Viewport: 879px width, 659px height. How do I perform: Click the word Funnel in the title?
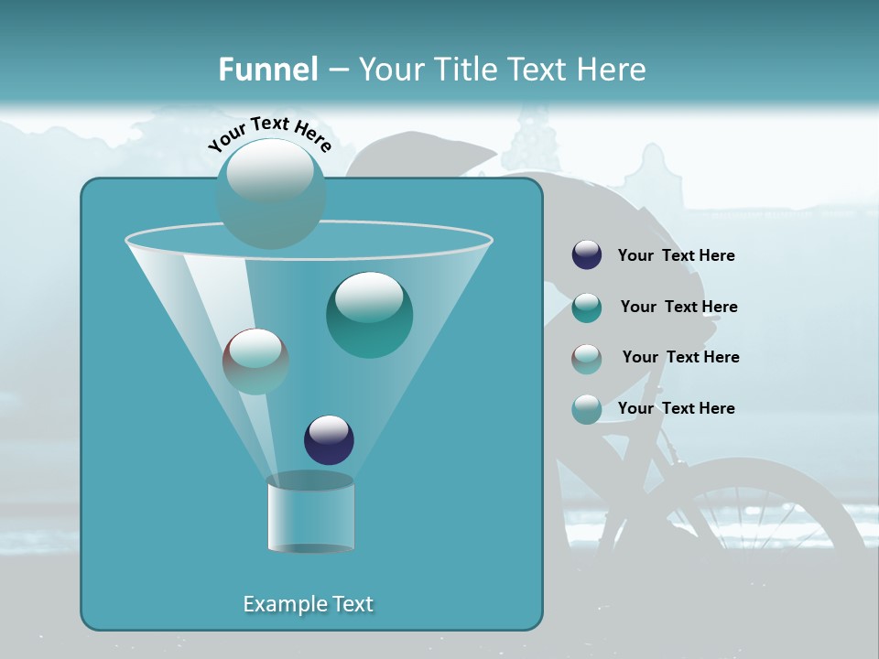point(267,70)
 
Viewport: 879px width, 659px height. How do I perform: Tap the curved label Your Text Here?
point(269,134)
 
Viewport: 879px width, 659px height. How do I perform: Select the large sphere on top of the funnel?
point(270,192)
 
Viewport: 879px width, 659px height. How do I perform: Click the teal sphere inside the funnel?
point(369,315)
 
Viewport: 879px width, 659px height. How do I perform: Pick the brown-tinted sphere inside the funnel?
point(255,362)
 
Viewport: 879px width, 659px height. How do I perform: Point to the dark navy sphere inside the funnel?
point(330,439)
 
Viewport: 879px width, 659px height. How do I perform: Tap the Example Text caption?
point(308,604)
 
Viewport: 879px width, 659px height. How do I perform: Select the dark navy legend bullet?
point(587,254)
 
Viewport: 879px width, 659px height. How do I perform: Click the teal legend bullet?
point(587,308)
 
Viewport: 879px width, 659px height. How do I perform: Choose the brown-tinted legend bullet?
point(587,359)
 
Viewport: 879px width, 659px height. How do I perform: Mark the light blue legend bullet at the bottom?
point(587,409)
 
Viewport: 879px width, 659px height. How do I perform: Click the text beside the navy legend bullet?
point(676,255)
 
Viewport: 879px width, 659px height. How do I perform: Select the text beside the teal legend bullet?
point(678,307)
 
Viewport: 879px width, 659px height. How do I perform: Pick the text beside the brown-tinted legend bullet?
point(680,357)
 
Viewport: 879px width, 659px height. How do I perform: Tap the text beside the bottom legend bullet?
point(676,408)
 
